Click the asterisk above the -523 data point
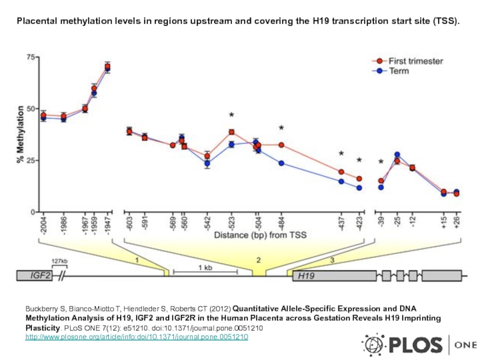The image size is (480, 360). pyautogui.click(x=232, y=115)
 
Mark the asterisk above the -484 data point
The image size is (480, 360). pyautogui.click(x=281, y=128)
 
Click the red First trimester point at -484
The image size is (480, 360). pyautogui.click(x=281, y=145)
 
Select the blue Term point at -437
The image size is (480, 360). pyautogui.click(x=341, y=181)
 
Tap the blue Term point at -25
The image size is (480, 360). pyautogui.click(x=397, y=155)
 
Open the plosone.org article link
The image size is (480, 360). pyautogui.click(x=136, y=338)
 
